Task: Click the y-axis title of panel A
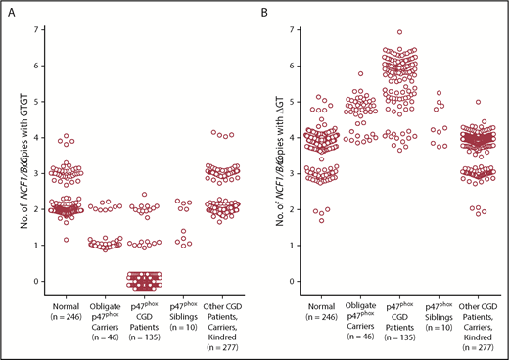(x=15, y=157)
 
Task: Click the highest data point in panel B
(x=398, y=32)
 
